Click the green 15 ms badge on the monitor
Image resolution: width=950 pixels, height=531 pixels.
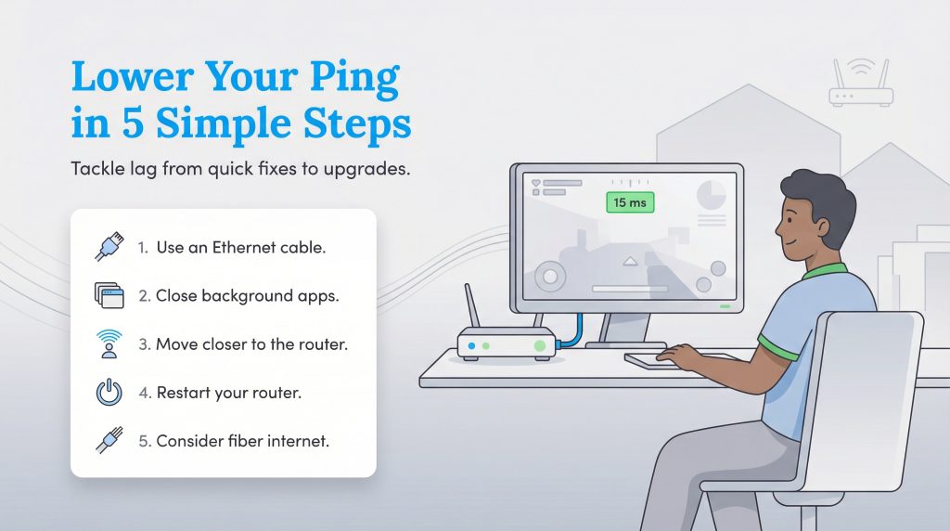630,202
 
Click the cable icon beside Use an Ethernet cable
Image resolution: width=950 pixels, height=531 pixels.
109,248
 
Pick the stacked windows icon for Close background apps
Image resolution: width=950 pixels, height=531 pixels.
109,296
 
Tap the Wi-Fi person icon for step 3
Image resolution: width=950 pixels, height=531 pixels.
109,343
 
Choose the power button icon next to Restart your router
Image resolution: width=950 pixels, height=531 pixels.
109,393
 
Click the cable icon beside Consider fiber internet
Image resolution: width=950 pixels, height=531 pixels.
109,440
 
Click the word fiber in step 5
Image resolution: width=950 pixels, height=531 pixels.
244,441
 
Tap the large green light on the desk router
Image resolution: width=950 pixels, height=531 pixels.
539,346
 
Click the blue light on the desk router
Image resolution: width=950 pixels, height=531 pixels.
471,346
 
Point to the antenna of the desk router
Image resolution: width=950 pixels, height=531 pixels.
472,307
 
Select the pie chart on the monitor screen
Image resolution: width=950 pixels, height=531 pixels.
712,195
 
